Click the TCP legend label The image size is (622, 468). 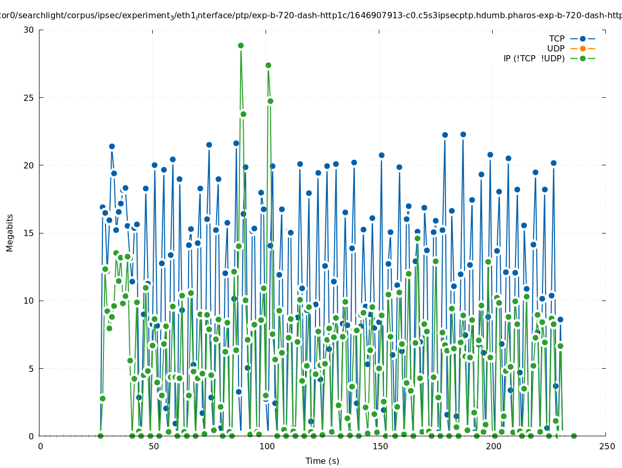(x=557, y=39)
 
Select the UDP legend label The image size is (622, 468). (x=555, y=49)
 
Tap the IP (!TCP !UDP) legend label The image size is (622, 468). (x=534, y=59)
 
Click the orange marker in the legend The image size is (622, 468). (x=583, y=49)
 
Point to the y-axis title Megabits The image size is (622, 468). (x=10, y=232)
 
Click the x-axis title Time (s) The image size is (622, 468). (x=322, y=461)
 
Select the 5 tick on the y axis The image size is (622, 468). (x=31, y=369)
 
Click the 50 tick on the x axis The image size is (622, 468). (x=153, y=446)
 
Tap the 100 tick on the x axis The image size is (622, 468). (x=267, y=446)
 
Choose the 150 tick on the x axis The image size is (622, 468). (x=380, y=446)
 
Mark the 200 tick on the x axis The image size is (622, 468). (x=493, y=446)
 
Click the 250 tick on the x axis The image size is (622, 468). (x=606, y=446)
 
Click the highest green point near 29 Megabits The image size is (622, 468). (x=241, y=46)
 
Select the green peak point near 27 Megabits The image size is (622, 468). (x=268, y=66)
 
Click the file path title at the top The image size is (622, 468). (x=311, y=16)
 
